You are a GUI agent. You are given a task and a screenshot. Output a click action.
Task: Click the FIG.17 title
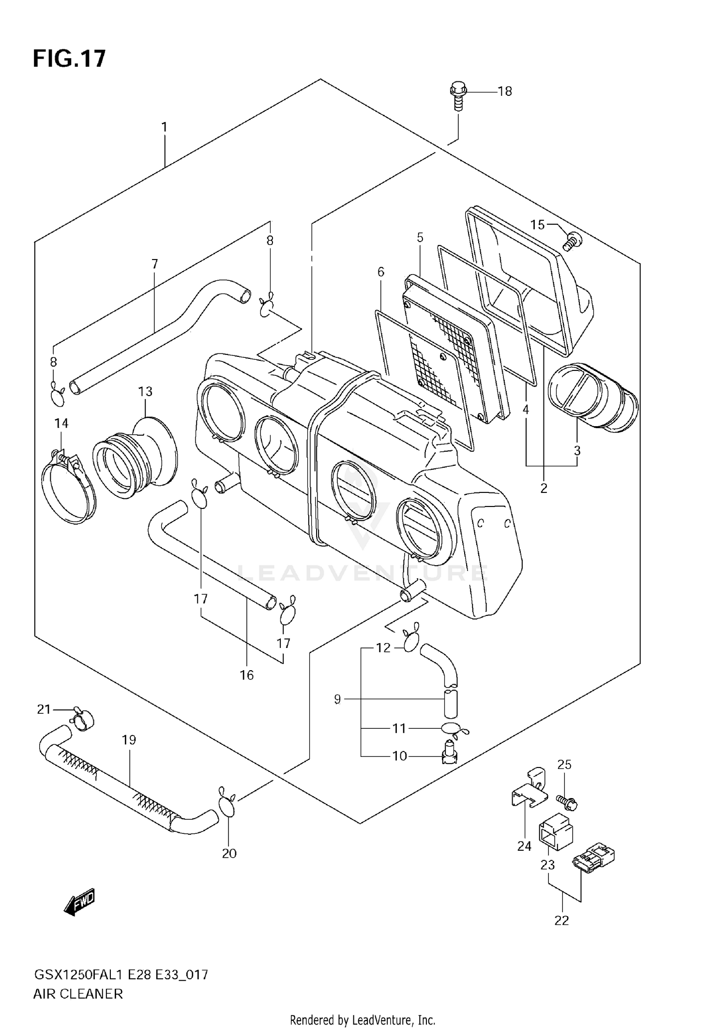[69, 59]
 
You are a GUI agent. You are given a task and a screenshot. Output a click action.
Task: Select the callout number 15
[537, 225]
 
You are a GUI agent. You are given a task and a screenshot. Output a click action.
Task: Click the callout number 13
[145, 391]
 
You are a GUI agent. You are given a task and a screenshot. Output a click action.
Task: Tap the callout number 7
[154, 264]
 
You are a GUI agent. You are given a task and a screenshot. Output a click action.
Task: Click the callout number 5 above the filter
[420, 238]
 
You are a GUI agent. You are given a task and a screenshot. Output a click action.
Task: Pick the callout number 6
[381, 272]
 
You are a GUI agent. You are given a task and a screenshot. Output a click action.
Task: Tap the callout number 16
[246, 675]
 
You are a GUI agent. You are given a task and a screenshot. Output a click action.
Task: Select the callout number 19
[129, 740]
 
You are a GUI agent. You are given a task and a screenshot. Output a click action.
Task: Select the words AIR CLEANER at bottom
[78, 994]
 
